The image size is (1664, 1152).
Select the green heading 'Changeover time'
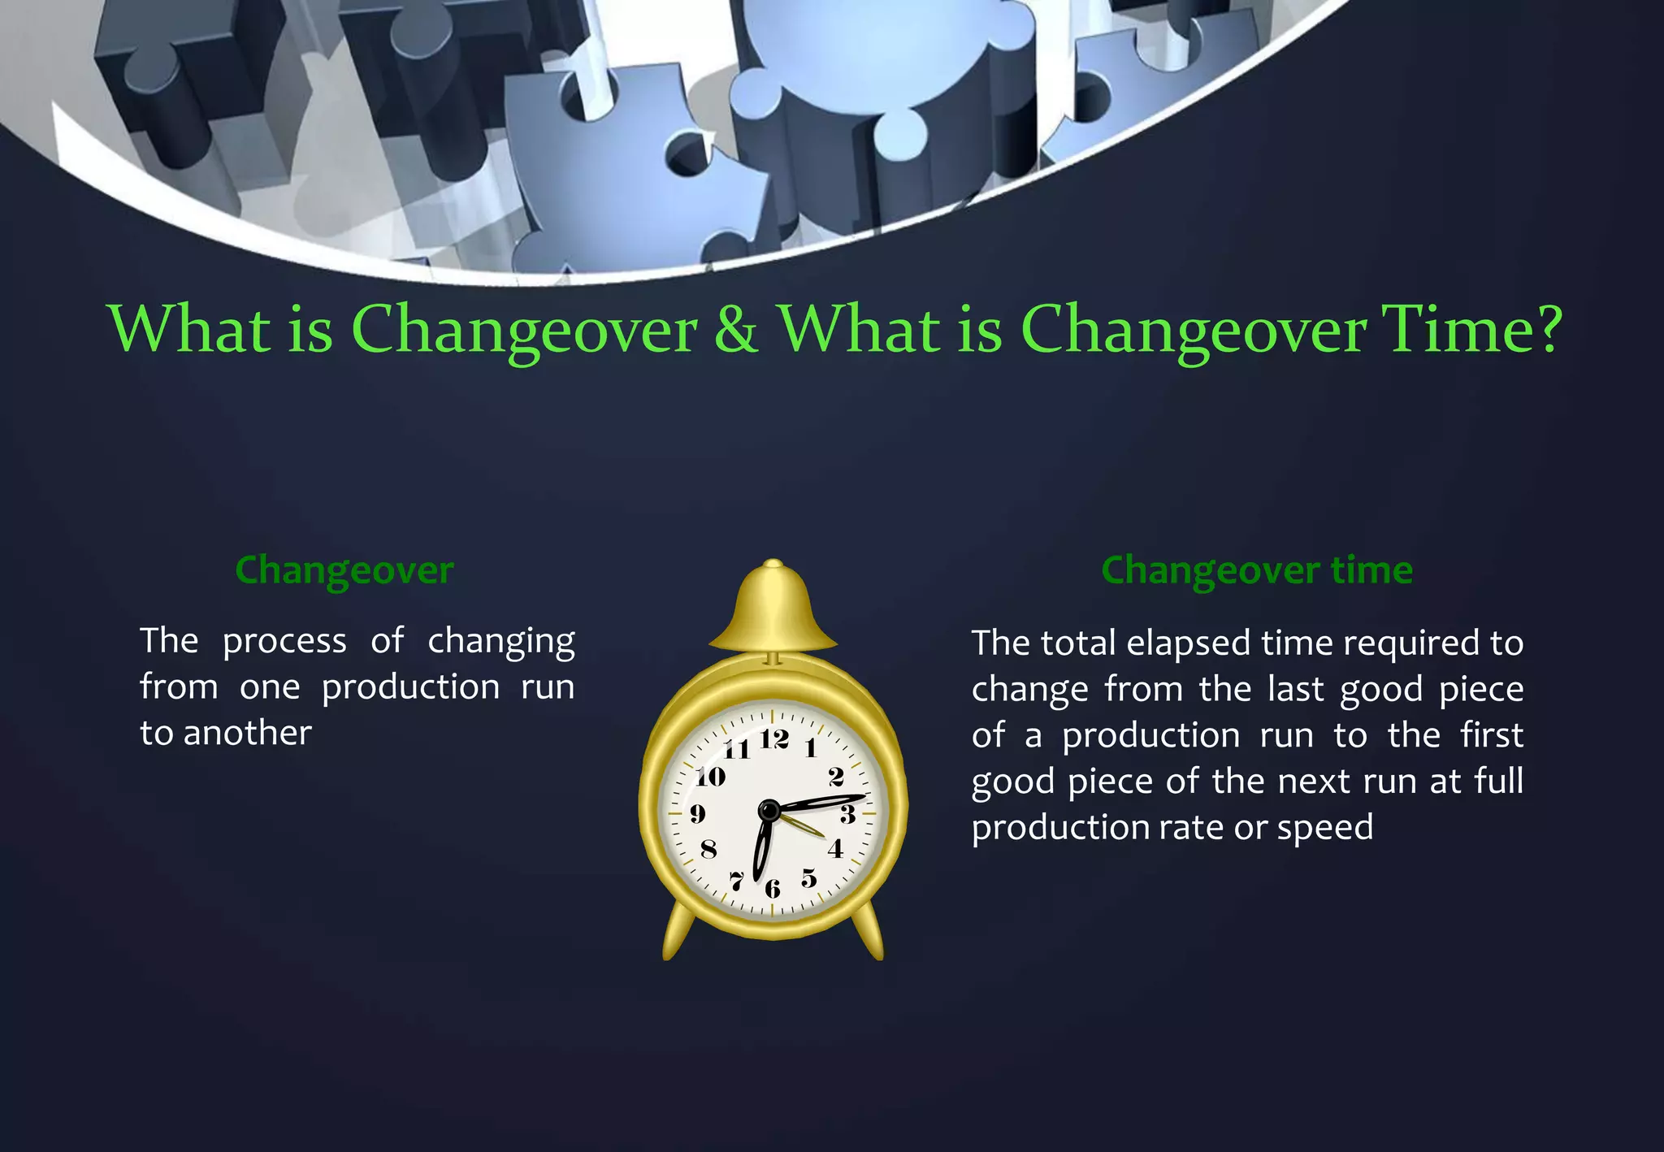(x=1256, y=570)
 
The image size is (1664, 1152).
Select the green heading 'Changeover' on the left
(x=344, y=570)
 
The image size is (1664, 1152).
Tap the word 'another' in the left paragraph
(x=247, y=734)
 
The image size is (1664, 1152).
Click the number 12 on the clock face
(x=774, y=738)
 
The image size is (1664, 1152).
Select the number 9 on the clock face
(x=697, y=813)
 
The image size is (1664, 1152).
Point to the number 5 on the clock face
(x=808, y=878)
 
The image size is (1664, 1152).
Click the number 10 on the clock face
(x=710, y=777)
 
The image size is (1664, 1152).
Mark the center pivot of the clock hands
(x=769, y=810)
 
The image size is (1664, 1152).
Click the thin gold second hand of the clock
(x=804, y=825)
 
